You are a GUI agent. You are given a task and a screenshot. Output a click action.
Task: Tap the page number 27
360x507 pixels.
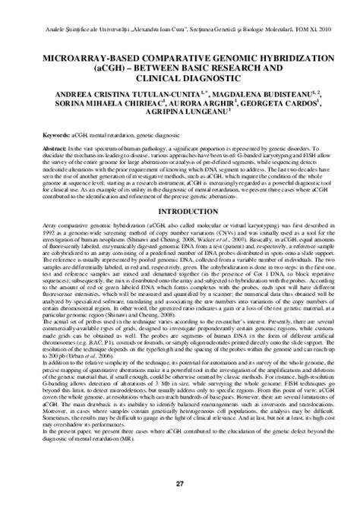(x=180, y=483)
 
